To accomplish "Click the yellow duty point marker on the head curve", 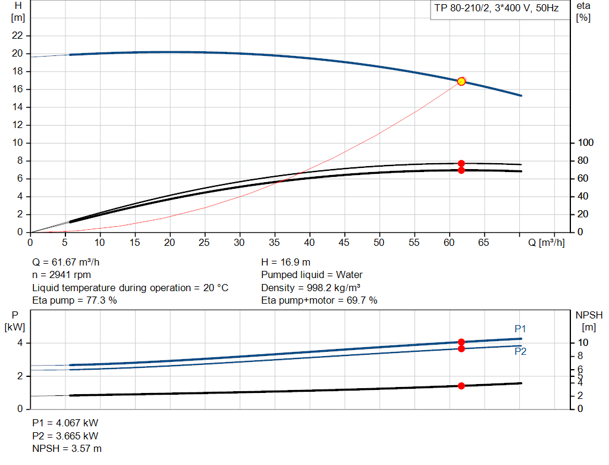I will click(461, 81).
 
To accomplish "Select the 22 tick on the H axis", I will click(18, 36).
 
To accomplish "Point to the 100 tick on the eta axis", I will click(586, 143).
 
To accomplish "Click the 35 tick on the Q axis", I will click(274, 242).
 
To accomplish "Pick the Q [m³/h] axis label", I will click(546, 242).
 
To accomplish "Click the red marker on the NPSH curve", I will click(461, 386).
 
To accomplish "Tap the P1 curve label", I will click(520, 329).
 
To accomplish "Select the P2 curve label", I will click(520, 351).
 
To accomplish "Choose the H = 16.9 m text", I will click(285, 262).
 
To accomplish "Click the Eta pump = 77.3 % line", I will click(74, 301).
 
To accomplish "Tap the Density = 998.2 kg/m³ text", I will click(319, 288).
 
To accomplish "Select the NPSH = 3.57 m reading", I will click(67, 448).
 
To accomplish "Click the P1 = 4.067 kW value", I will click(65, 423).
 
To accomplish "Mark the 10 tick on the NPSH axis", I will click(583, 343).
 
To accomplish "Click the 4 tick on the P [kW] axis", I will click(20, 343).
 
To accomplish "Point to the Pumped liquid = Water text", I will click(312, 275).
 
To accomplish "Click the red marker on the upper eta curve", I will click(461, 163).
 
